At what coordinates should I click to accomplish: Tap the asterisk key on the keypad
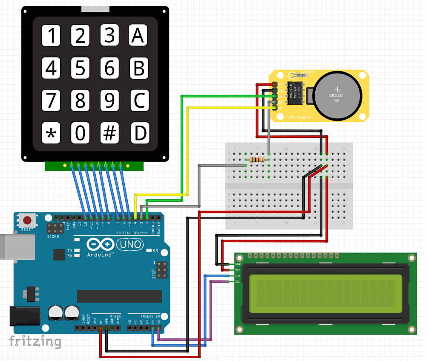click(x=51, y=133)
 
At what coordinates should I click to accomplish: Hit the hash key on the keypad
click(x=110, y=133)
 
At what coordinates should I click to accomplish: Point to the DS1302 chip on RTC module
click(x=296, y=93)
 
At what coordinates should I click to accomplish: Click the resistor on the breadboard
click(x=257, y=160)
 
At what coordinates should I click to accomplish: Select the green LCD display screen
click(x=326, y=294)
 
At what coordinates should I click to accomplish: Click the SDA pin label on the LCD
click(x=238, y=276)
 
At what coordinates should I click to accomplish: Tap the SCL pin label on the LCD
click(x=238, y=281)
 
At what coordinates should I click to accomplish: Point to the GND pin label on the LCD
click(x=238, y=264)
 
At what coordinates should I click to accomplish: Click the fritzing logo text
click(x=35, y=341)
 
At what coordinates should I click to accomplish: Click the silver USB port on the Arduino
click(x=17, y=246)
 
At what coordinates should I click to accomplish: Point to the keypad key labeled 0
click(x=80, y=133)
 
